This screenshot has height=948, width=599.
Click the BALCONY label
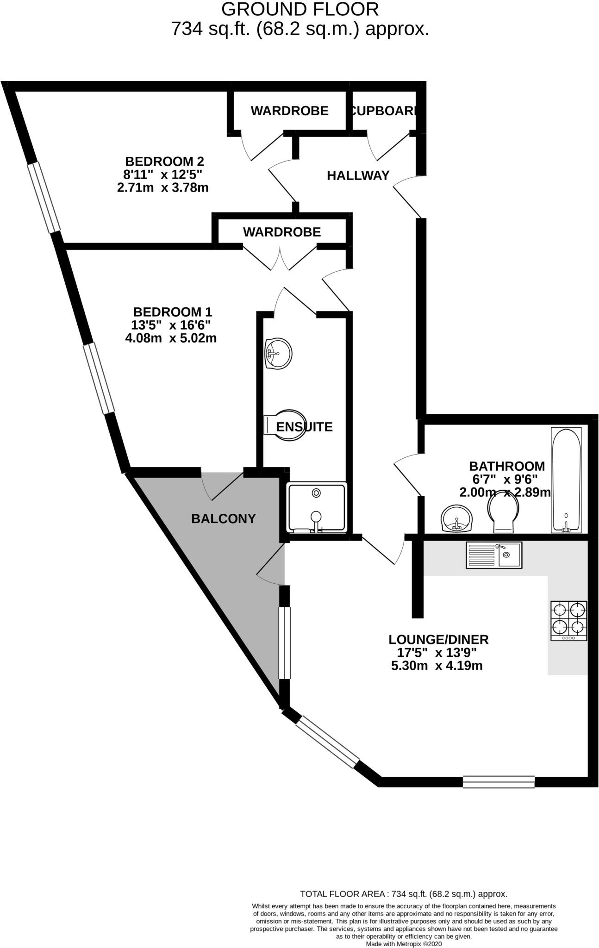pos(224,519)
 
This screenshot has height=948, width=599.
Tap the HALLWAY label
pos(358,175)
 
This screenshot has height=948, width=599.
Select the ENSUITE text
pos(304,426)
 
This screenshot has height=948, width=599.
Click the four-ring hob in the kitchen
pos(568,621)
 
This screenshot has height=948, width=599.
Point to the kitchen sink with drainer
pos(494,555)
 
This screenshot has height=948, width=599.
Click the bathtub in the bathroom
pos(566,480)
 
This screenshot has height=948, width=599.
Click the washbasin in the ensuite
pos(278,354)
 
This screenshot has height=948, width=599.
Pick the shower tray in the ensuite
pos(317,507)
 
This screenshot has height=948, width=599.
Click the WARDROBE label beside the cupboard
pos(290,111)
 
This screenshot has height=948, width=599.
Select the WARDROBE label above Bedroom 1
pos(282,232)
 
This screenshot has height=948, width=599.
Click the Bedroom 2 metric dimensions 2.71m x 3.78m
pos(163,188)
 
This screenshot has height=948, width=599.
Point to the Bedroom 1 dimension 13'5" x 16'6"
pos(171,324)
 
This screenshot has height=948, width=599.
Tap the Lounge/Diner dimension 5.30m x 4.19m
pos(437,666)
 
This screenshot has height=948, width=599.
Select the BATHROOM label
pos(507,466)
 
